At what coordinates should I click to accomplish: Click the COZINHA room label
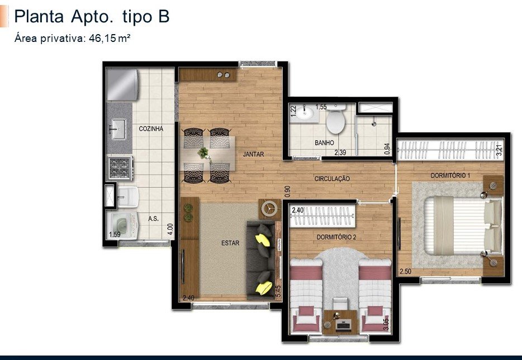[x=151, y=129]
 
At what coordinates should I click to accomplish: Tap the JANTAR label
[x=253, y=154]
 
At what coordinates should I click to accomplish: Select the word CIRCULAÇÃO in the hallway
[x=332, y=179]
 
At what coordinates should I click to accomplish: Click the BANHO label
[x=324, y=143]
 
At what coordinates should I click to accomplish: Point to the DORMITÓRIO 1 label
[x=450, y=175]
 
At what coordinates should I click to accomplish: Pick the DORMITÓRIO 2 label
[x=336, y=237]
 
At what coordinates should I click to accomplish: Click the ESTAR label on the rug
[x=230, y=243]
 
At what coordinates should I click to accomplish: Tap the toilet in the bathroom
[x=335, y=119]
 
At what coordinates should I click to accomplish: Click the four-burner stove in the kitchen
[x=120, y=168]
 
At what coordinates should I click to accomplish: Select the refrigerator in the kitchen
[x=122, y=84]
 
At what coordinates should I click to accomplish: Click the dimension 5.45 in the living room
[x=278, y=291]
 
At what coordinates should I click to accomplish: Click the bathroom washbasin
[x=305, y=113]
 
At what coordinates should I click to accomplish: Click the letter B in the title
[x=164, y=16]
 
